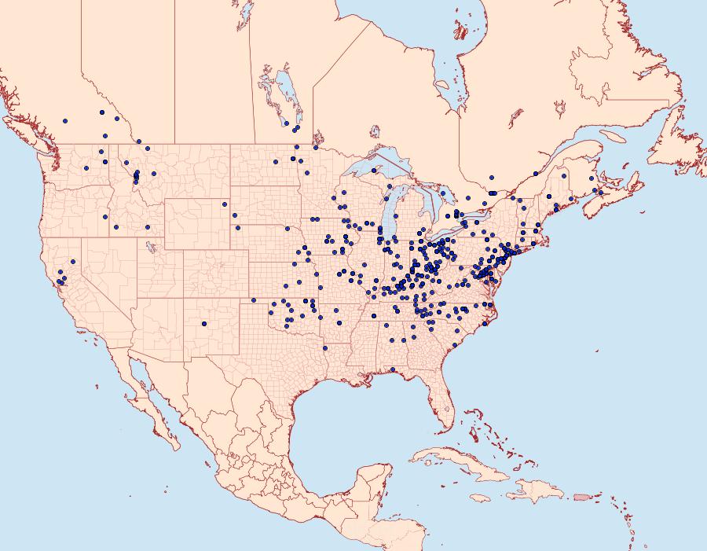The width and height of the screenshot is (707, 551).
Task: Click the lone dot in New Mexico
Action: pyautogui.click(x=203, y=323)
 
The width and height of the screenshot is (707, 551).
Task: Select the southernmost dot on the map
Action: pyautogui.click(x=393, y=369)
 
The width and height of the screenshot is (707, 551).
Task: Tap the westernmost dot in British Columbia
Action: pyautogui.click(x=64, y=121)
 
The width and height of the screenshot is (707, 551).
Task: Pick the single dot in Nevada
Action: pyautogui.click(x=73, y=262)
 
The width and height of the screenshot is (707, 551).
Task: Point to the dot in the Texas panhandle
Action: pyautogui.click(x=253, y=300)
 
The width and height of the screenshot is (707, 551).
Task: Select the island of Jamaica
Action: pyautogui.click(x=478, y=498)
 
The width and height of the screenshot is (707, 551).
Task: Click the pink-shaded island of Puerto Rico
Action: pyautogui.click(x=581, y=496)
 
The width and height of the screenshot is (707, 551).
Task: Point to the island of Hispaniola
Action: pyautogui.click(x=538, y=492)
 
